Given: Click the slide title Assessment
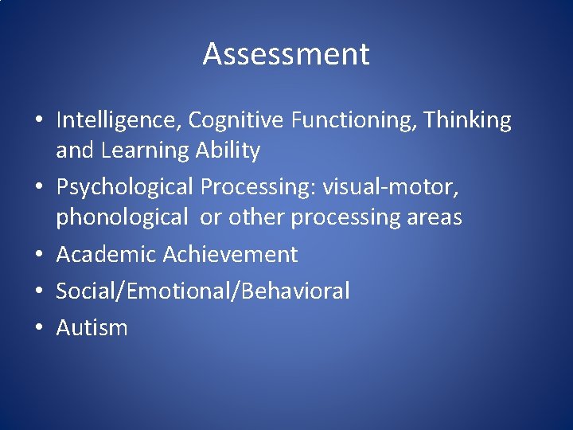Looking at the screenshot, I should coord(286,54).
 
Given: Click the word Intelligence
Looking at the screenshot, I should coord(119,121).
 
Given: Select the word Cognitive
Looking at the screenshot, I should coord(236,121).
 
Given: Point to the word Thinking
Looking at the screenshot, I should coord(467,121).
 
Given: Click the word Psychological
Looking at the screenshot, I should coord(124,187).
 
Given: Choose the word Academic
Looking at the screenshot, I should coord(106,255).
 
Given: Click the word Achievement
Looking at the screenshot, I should coord(231,255).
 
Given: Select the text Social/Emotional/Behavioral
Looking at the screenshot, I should coord(203,291).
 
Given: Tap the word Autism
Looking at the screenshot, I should coord(92,327).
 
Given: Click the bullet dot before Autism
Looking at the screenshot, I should coord(39,328).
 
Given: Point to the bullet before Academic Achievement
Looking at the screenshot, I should coord(39,256).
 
